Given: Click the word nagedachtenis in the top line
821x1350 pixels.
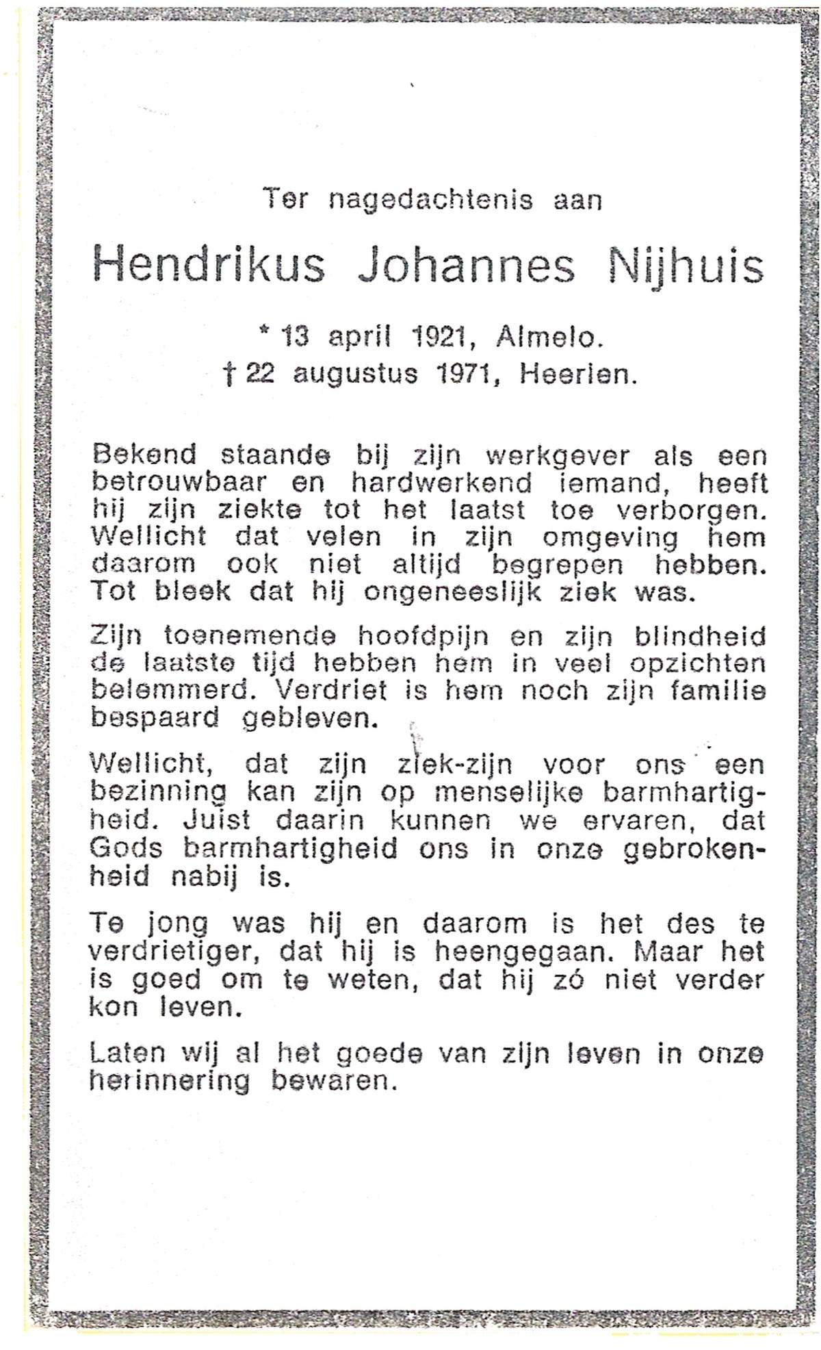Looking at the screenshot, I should (430, 200).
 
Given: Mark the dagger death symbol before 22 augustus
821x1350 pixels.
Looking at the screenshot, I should (231, 374).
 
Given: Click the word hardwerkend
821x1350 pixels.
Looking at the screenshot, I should (441, 483).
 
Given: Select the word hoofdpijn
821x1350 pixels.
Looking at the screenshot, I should (423, 638).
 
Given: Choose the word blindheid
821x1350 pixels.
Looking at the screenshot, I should (700, 637).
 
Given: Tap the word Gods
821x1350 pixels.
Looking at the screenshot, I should (126, 849).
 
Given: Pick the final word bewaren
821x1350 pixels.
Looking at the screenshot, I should (334, 1082).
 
